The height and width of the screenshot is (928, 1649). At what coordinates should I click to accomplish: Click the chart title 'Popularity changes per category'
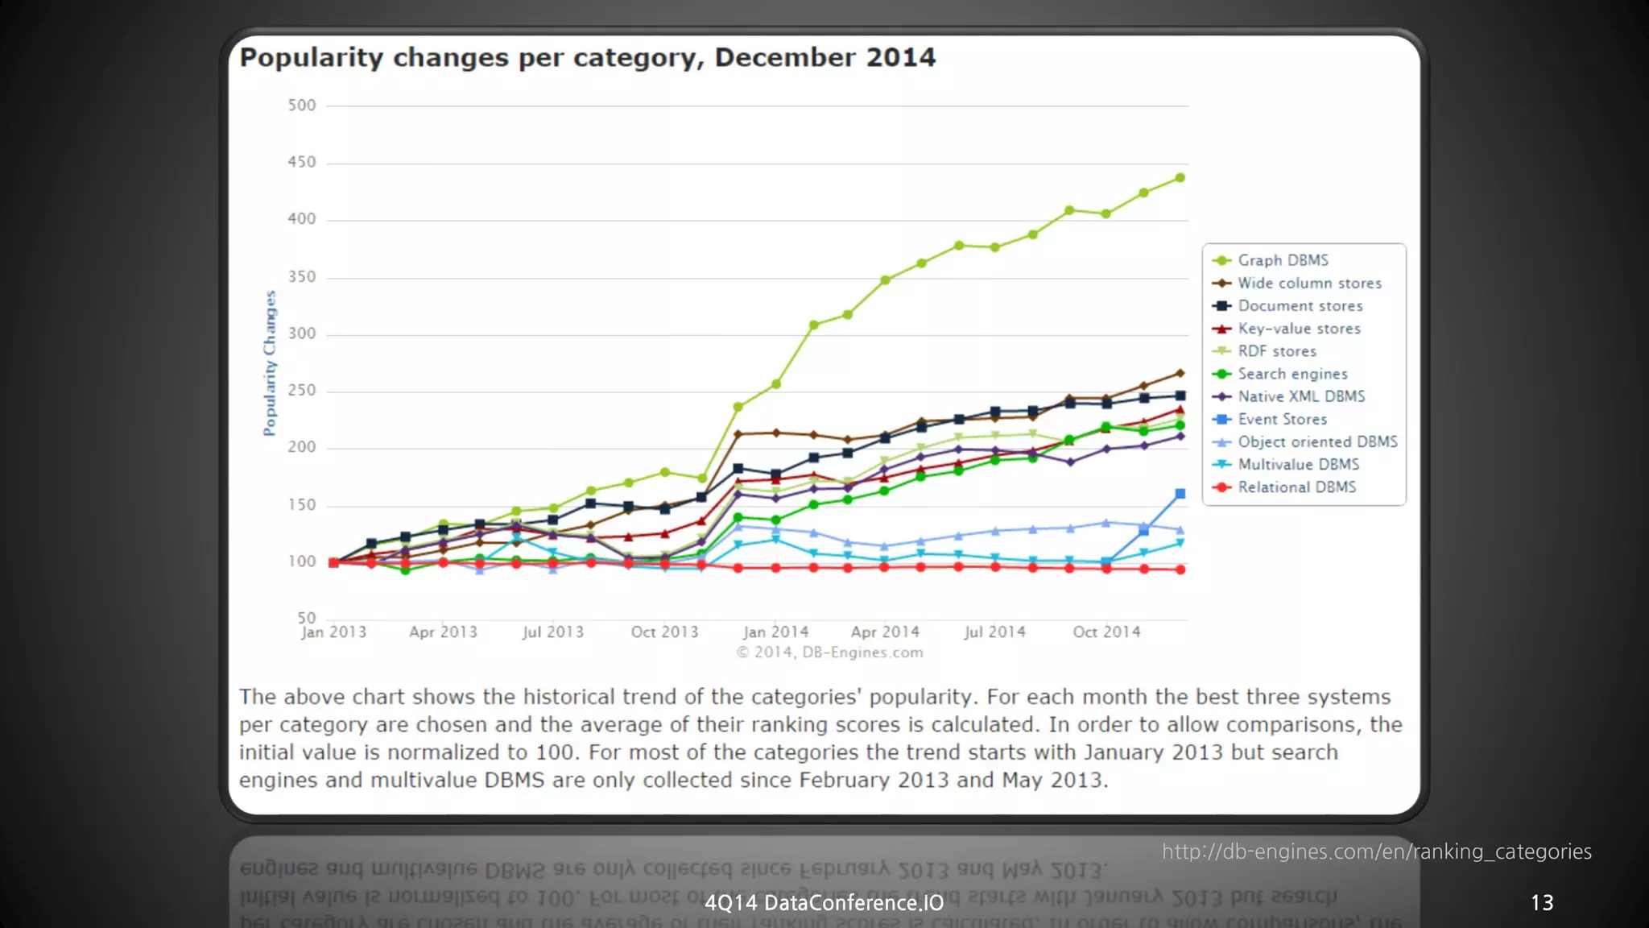(587, 58)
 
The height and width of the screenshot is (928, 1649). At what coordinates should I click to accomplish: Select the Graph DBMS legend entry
(1283, 260)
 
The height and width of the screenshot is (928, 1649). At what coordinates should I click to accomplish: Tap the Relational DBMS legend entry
(1296, 487)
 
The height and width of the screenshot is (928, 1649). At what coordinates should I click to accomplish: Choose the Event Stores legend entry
(1282, 420)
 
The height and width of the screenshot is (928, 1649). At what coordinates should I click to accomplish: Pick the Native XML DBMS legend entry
(1301, 396)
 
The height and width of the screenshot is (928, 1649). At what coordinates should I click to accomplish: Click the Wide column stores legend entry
(1309, 284)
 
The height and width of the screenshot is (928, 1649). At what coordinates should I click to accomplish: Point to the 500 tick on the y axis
(302, 106)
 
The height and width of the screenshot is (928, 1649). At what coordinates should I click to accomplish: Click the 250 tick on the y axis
(302, 391)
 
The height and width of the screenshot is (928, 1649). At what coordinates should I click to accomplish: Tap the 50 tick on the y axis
(306, 618)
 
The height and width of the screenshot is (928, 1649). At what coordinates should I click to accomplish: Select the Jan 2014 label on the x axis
(775, 632)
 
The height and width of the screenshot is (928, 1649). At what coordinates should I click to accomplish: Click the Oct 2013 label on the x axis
(664, 632)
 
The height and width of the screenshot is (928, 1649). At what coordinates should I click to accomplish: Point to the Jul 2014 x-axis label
(994, 632)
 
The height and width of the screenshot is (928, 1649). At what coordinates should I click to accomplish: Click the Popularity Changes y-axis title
(270, 363)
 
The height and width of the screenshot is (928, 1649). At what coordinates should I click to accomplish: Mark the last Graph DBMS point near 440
(1180, 178)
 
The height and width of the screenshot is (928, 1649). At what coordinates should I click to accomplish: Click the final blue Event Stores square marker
(1180, 494)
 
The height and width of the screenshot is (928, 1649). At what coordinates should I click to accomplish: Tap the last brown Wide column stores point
(1180, 374)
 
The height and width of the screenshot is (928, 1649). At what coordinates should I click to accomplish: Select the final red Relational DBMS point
(1180, 570)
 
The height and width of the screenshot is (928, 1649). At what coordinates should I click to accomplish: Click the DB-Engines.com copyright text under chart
(829, 652)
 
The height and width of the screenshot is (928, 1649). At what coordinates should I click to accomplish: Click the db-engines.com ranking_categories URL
(1376, 851)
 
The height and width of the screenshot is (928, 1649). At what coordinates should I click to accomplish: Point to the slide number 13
(1541, 903)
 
